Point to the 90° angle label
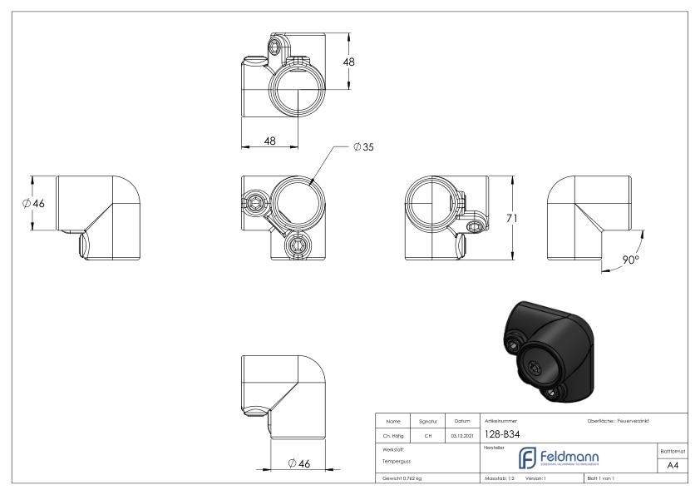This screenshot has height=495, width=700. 631,260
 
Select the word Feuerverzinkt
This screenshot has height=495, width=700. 638,420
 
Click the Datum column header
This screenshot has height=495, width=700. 462,420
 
